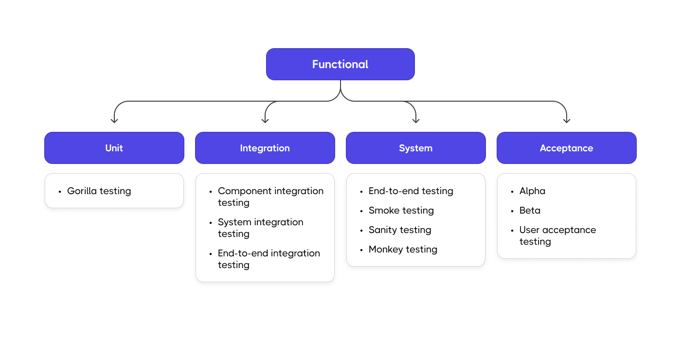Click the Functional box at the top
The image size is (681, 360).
(340, 64)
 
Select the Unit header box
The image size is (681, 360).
(114, 148)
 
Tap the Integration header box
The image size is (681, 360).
(265, 148)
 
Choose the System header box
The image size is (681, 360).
(416, 148)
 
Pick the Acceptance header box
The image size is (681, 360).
(566, 148)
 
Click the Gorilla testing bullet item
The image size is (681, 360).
(99, 191)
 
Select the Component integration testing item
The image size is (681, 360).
(270, 197)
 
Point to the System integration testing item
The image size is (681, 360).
(260, 228)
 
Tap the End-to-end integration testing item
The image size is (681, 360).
(269, 259)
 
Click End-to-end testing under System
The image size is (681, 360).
(411, 191)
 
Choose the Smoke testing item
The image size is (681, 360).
(401, 211)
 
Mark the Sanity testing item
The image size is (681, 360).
(400, 230)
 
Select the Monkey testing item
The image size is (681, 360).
(403, 250)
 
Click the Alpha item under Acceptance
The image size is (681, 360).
(532, 191)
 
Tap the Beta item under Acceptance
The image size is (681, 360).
(530, 211)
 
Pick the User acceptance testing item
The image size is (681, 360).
(557, 236)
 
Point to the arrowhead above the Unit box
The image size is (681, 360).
(114, 120)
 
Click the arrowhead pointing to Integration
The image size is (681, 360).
(265, 120)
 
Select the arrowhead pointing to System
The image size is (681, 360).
(416, 120)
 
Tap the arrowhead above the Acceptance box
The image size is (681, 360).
(567, 120)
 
